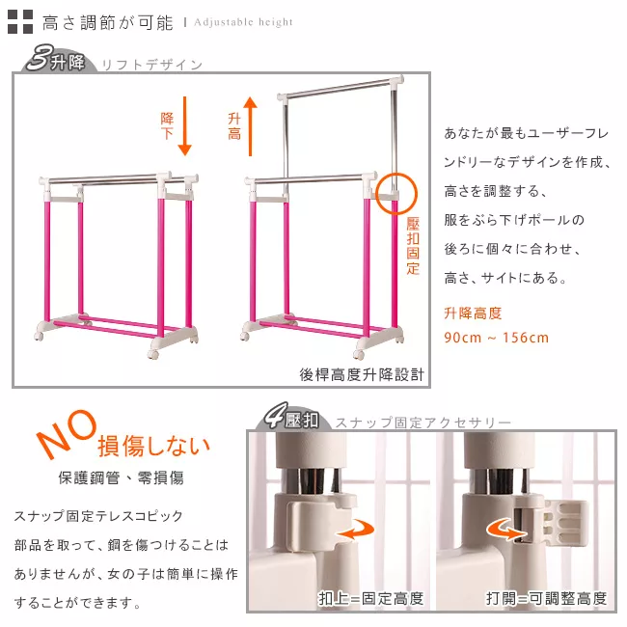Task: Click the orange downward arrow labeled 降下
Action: (184, 126)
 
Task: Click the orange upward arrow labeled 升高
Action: (251, 126)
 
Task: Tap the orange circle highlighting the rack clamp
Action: (396, 194)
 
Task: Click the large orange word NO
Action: (67, 433)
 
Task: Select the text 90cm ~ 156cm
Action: (496, 338)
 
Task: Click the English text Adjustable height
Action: (243, 22)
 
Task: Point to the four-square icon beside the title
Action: (20, 21)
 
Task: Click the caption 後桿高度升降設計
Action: (362, 374)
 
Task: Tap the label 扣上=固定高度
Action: (371, 599)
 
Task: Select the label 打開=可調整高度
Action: (547, 599)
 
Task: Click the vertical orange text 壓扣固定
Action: (413, 246)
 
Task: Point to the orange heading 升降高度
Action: (473, 313)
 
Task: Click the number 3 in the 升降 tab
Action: (40, 59)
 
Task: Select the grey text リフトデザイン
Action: (152, 65)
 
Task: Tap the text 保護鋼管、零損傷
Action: (122, 477)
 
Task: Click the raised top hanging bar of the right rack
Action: (340, 89)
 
